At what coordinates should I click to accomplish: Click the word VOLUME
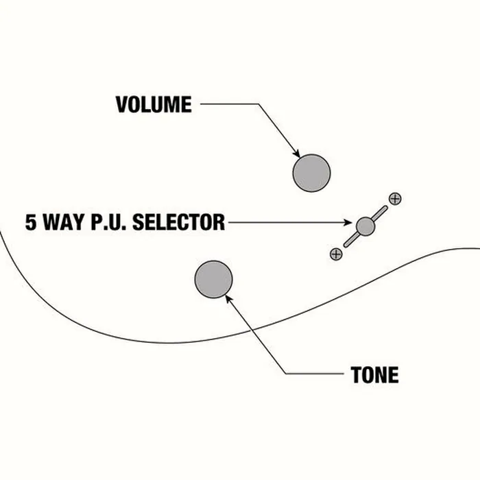(154, 104)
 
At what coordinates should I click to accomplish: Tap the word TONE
(374, 374)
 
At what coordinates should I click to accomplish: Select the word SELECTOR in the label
(179, 222)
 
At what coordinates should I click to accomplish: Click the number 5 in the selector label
(31, 222)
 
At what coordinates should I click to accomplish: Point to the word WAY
(64, 222)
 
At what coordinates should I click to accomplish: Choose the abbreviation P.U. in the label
(108, 222)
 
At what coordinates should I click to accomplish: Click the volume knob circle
(311, 173)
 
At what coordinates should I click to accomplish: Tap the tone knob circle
(214, 279)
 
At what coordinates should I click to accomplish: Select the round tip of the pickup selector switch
(365, 226)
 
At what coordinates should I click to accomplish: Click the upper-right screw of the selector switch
(395, 199)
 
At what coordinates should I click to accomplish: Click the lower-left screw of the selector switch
(336, 254)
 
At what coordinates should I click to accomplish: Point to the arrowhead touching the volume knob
(296, 154)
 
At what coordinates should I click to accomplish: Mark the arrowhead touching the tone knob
(229, 299)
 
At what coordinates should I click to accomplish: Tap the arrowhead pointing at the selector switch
(348, 222)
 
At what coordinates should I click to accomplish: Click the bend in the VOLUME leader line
(259, 104)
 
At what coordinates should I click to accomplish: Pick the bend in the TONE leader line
(286, 374)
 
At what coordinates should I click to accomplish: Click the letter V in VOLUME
(121, 104)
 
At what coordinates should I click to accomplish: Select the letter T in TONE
(356, 374)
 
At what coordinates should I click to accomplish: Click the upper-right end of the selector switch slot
(385, 208)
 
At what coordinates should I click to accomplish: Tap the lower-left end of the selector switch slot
(346, 245)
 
